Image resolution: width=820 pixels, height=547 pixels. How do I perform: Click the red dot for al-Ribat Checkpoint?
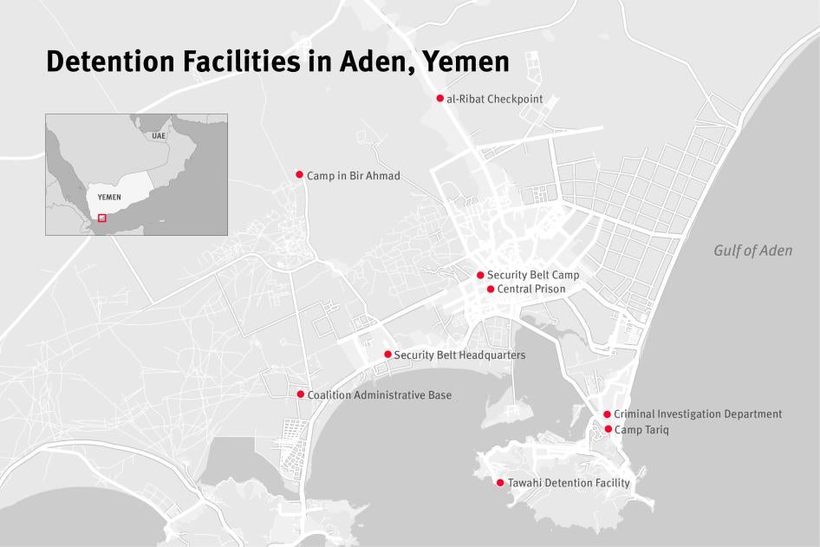(x=440, y=99)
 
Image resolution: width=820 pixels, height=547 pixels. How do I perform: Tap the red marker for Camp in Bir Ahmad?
(x=300, y=175)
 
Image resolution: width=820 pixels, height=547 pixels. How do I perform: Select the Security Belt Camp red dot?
(x=480, y=275)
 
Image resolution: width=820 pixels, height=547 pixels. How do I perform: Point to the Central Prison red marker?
(x=491, y=289)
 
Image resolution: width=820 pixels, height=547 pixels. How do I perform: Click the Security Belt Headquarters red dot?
(x=387, y=355)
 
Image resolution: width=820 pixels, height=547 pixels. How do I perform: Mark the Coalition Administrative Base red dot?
(x=301, y=394)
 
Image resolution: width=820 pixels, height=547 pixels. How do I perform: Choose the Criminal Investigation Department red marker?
(x=607, y=414)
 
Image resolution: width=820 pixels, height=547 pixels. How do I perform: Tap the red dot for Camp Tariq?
(x=608, y=429)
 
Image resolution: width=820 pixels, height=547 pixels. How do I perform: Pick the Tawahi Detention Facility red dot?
(x=500, y=483)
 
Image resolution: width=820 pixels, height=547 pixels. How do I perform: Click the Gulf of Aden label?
(x=752, y=251)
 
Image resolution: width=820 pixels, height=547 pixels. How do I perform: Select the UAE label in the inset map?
(x=158, y=136)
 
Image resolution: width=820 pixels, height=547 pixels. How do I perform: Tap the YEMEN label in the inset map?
(x=109, y=198)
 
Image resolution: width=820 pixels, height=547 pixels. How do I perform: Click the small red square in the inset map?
(x=102, y=218)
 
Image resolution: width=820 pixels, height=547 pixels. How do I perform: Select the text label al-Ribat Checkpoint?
(x=495, y=99)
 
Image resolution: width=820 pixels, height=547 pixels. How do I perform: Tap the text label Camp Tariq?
(x=641, y=430)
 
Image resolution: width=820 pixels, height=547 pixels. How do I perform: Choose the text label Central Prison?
(x=531, y=289)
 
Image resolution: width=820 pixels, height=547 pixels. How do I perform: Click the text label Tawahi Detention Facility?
(x=569, y=483)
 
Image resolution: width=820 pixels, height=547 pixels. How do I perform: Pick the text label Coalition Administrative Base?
(x=380, y=395)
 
